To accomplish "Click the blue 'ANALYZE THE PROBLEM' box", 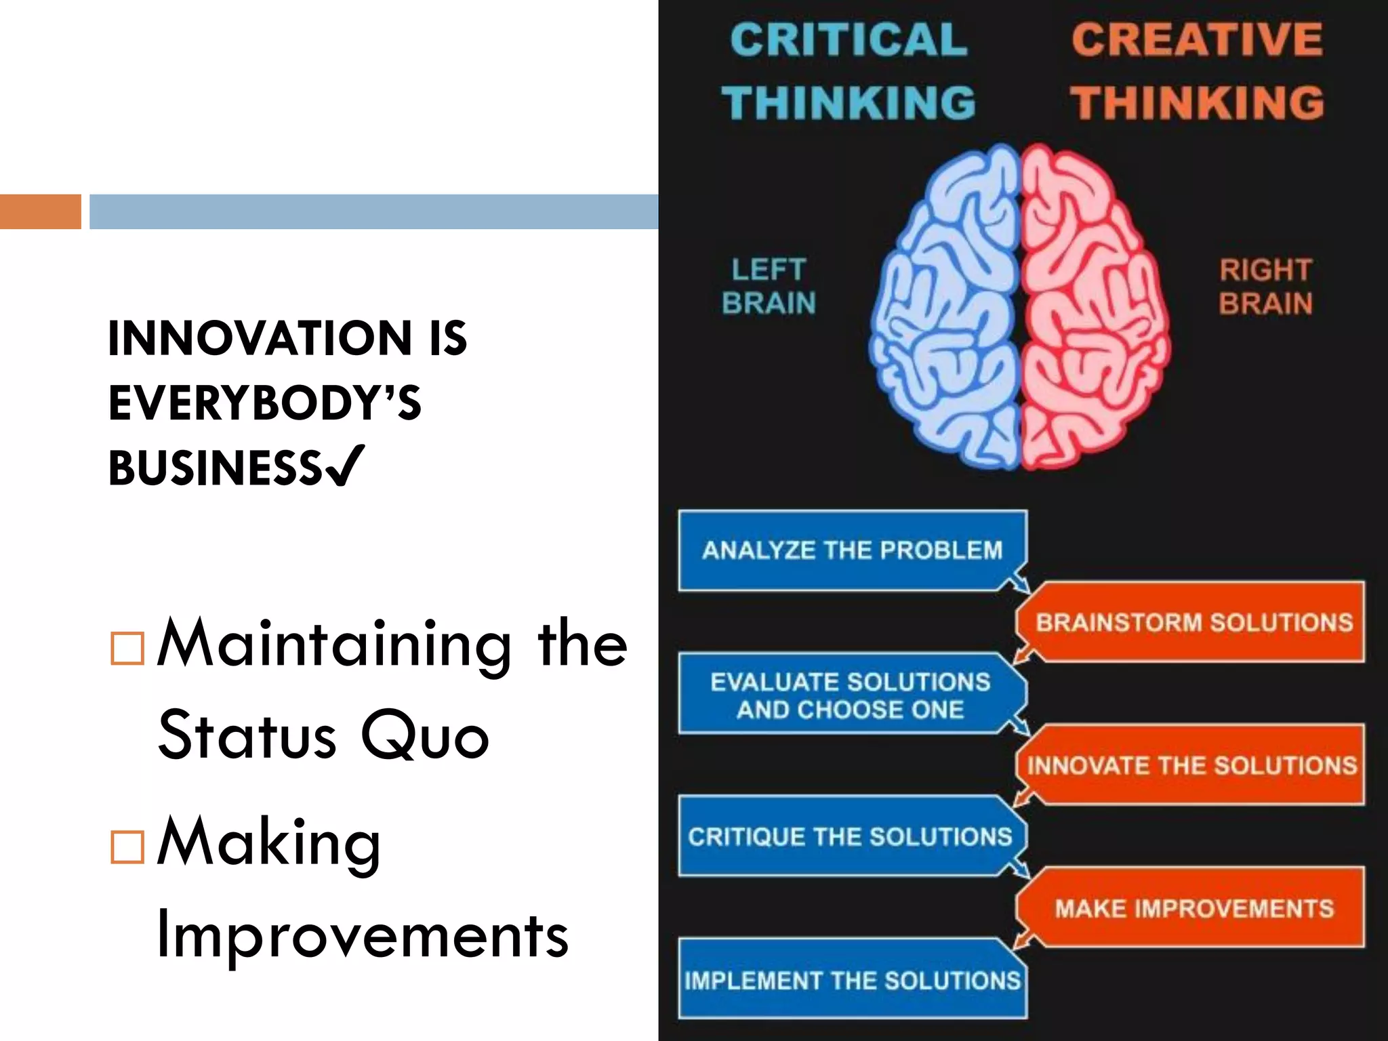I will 851,550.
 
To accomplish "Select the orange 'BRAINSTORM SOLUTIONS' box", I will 1193,622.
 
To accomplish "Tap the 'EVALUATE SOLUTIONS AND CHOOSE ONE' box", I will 850,695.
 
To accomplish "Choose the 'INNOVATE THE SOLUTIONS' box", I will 1191,766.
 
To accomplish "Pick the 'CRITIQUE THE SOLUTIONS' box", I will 850,837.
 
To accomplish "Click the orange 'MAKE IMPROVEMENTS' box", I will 1193,908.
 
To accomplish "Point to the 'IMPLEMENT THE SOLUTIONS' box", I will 851,980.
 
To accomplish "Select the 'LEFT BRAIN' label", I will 769,287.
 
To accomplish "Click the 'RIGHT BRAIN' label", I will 1265,287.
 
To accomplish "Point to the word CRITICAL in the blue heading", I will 849,39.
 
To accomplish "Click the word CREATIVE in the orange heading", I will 1197,39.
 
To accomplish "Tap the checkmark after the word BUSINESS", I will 346,466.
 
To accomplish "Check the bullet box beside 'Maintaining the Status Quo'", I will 127,648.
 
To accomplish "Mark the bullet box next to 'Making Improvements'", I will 127,846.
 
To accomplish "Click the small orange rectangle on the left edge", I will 40,211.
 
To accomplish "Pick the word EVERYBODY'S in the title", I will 264,403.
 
